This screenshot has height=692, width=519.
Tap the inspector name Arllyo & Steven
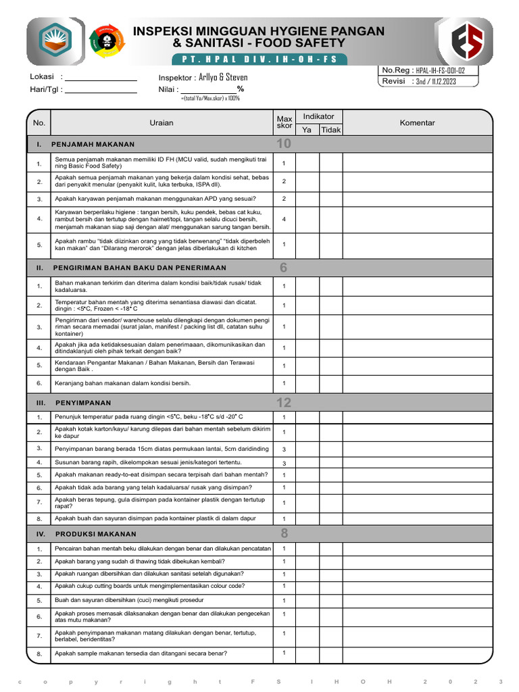[x=223, y=77]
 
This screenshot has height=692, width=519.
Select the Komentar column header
[x=417, y=123]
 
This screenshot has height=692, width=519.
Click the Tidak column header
[x=330, y=130]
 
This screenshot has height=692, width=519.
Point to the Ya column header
[x=307, y=130]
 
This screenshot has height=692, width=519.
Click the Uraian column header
[x=162, y=123]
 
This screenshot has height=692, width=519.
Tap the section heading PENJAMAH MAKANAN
[x=95, y=144]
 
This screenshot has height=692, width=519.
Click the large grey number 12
[x=284, y=403]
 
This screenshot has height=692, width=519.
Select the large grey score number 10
[x=284, y=144]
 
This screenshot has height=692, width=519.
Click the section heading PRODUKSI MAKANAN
[x=95, y=534]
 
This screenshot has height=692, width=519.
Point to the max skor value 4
[x=284, y=219]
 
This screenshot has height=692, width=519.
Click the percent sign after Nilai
[x=240, y=89]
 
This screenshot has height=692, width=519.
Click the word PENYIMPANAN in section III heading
[x=83, y=403]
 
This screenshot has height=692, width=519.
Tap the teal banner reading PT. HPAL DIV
[x=259, y=59]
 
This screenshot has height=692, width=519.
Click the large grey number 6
[x=284, y=268]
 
